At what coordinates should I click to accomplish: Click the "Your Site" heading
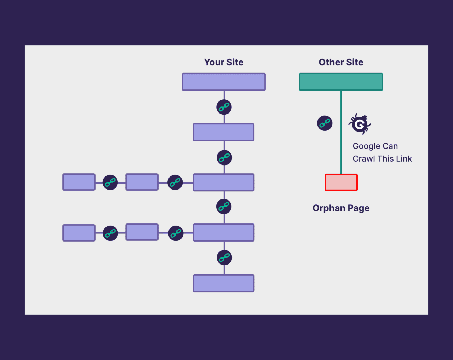[224, 62]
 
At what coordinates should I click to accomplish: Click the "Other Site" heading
[341, 62]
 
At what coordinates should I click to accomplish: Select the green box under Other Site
[341, 82]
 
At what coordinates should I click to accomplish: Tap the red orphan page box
[341, 182]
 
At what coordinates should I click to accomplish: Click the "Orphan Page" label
[341, 208]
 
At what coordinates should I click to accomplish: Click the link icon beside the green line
[325, 123]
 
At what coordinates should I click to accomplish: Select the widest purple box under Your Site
[224, 82]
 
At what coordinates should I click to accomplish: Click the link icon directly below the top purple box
[224, 107]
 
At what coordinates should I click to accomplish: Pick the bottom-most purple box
[224, 283]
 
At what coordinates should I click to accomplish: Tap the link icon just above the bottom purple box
[224, 257]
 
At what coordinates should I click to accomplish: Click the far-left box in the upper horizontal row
[79, 182]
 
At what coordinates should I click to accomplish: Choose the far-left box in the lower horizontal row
[79, 233]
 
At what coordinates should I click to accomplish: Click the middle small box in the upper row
[142, 182]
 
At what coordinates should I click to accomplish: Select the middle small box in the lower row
[142, 232]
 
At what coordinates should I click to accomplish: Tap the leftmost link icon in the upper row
[110, 182]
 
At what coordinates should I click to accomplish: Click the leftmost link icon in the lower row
[110, 233]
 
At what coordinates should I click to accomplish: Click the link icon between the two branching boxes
[224, 207]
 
